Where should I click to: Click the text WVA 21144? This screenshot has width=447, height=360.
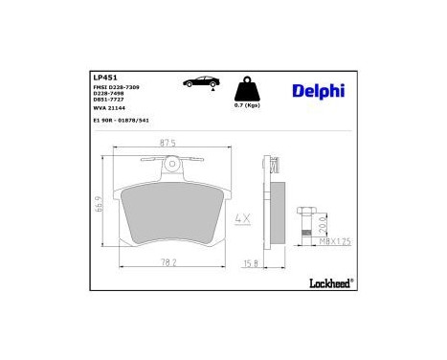click(x=111, y=110)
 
